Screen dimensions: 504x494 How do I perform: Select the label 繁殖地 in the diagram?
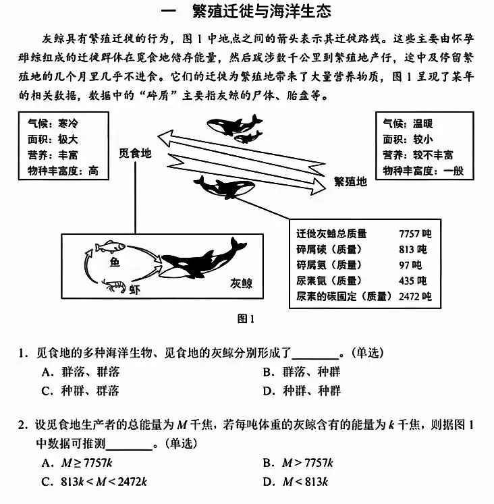click(351, 181)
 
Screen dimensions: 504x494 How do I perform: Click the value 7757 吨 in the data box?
click(414, 234)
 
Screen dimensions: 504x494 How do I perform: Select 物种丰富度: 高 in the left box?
click(62, 171)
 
